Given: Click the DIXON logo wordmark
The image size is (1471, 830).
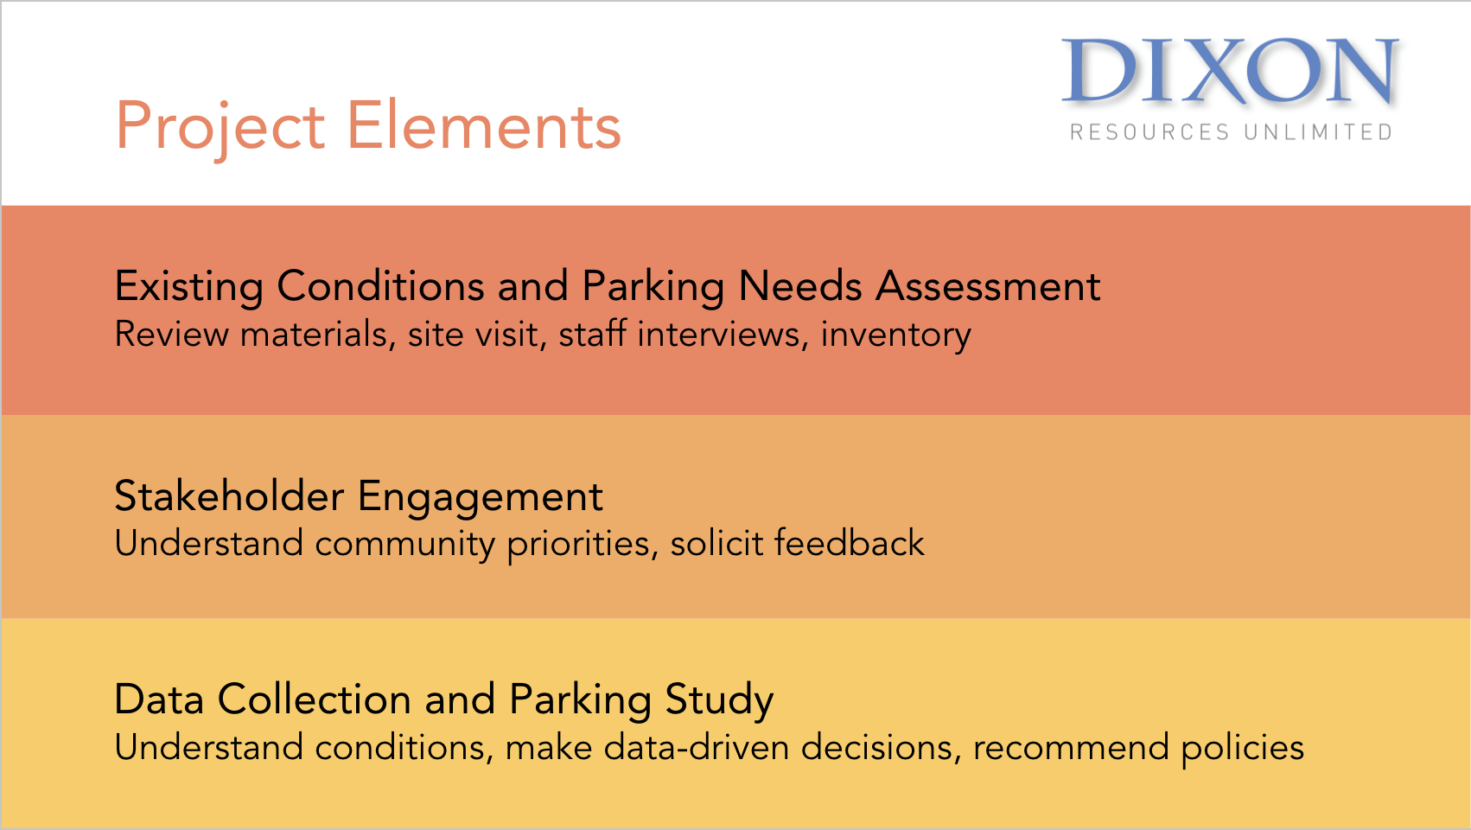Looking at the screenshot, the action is point(1230,71).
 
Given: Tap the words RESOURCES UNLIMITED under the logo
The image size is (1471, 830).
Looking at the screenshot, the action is point(1232,132).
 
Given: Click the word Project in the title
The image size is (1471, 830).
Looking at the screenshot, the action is point(220,127).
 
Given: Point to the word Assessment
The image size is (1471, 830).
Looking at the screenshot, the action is point(989,286).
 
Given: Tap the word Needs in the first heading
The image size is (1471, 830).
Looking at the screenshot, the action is point(799,286).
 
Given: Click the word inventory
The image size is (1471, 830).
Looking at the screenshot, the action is point(895,335).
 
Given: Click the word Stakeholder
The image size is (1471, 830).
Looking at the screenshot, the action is point(229,495).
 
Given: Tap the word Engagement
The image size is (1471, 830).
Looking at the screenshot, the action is point(480,497).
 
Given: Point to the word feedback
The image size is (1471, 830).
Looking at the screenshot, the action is point(849,543).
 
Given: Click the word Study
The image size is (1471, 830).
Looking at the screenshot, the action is point(719,700).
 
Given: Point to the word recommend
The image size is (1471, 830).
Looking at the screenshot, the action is point(1071,748).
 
